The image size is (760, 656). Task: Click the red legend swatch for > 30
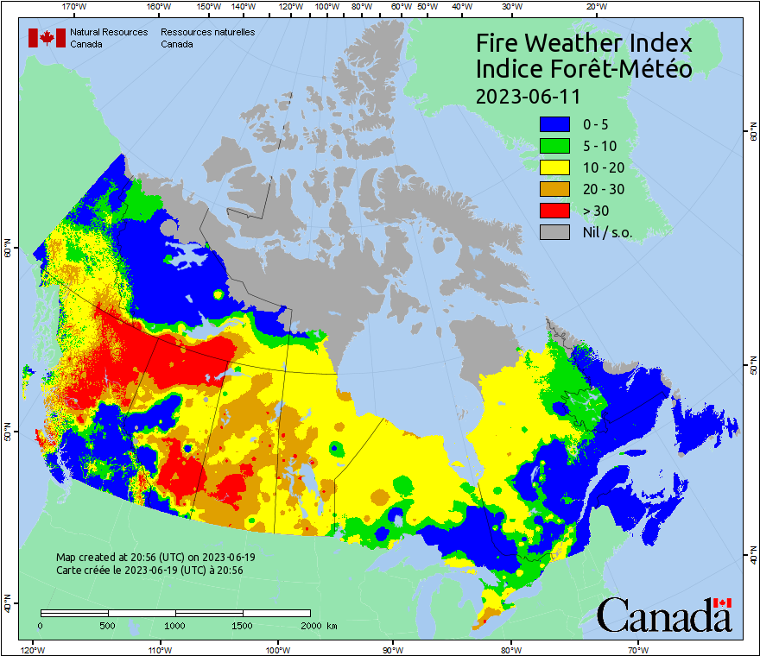coord(554,210)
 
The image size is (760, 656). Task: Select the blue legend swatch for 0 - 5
coord(554,124)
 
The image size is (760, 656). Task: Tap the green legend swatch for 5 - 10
coord(554,146)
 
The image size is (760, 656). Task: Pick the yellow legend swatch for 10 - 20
coord(554,167)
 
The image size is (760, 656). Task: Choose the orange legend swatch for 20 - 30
coord(554,189)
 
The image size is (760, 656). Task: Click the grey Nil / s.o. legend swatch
coord(554,231)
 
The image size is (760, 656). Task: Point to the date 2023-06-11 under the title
coord(528,95)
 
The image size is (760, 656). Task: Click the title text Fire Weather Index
coord(584,43)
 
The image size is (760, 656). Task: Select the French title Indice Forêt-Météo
coord(584,69)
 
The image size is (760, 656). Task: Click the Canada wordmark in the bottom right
coord(664,615)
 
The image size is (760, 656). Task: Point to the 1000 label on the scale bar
coord(175,626)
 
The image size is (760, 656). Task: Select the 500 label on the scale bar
coord(107,626)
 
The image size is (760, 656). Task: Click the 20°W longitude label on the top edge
coord(594,7)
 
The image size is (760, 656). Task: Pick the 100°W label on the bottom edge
coord(277,649)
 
